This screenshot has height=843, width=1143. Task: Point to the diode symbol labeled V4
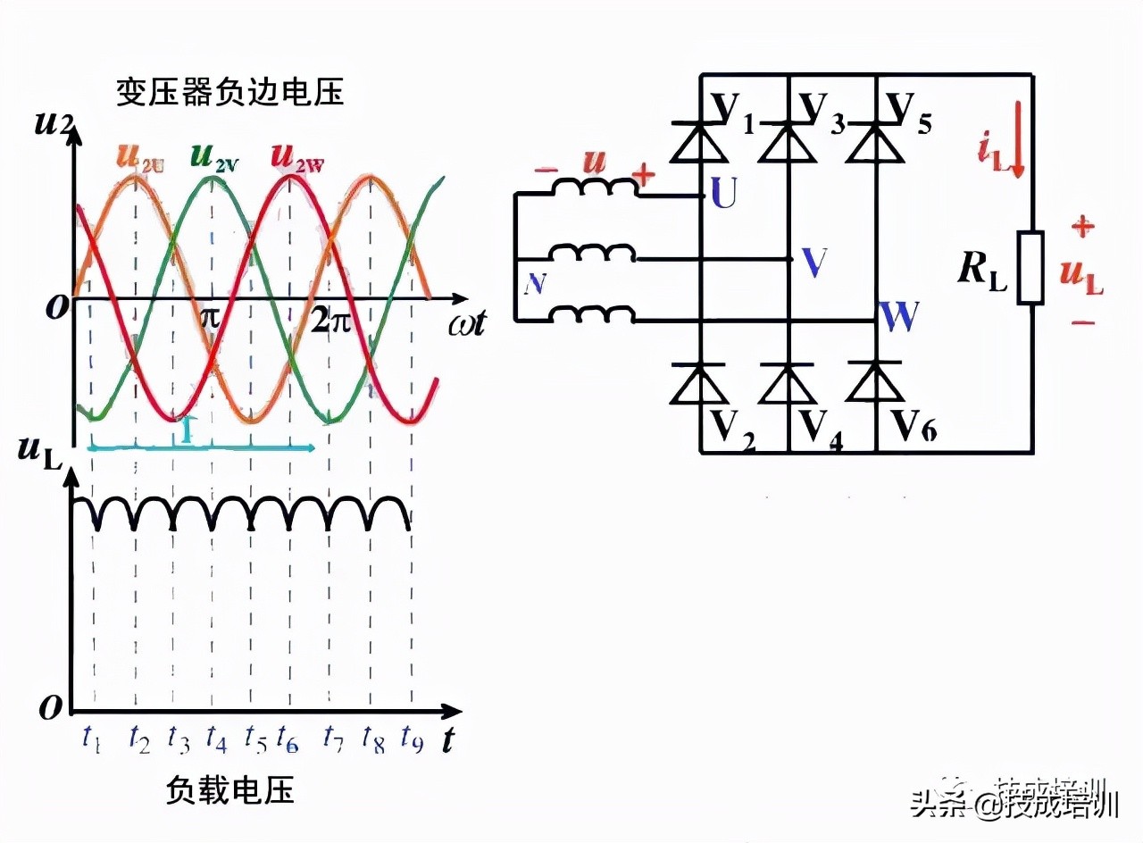788,383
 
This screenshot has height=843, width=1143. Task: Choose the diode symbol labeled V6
875,383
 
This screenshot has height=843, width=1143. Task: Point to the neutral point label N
535,284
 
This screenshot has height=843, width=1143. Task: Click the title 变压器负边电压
229,93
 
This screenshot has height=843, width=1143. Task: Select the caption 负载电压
230,789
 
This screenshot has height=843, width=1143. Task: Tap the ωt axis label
466,323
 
